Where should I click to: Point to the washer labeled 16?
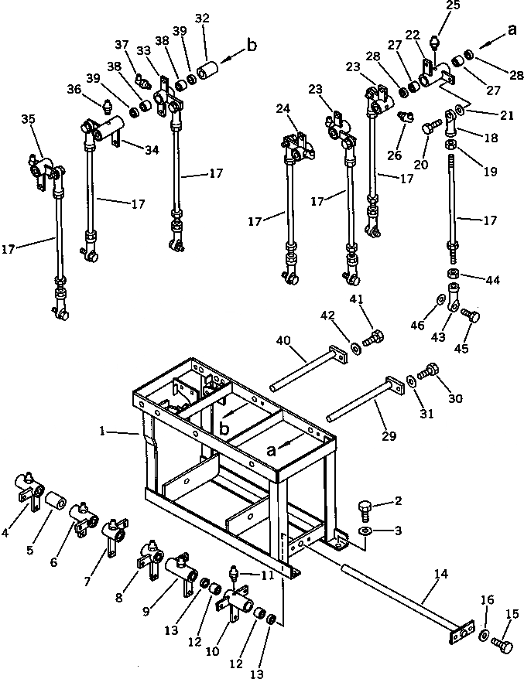click(x=482, y=636)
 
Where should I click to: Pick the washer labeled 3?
click(x=366, y=532)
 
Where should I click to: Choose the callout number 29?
click(x=389, y=435)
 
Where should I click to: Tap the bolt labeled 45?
click(x=469, y=316)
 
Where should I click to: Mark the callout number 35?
click(x=28, y=119)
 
